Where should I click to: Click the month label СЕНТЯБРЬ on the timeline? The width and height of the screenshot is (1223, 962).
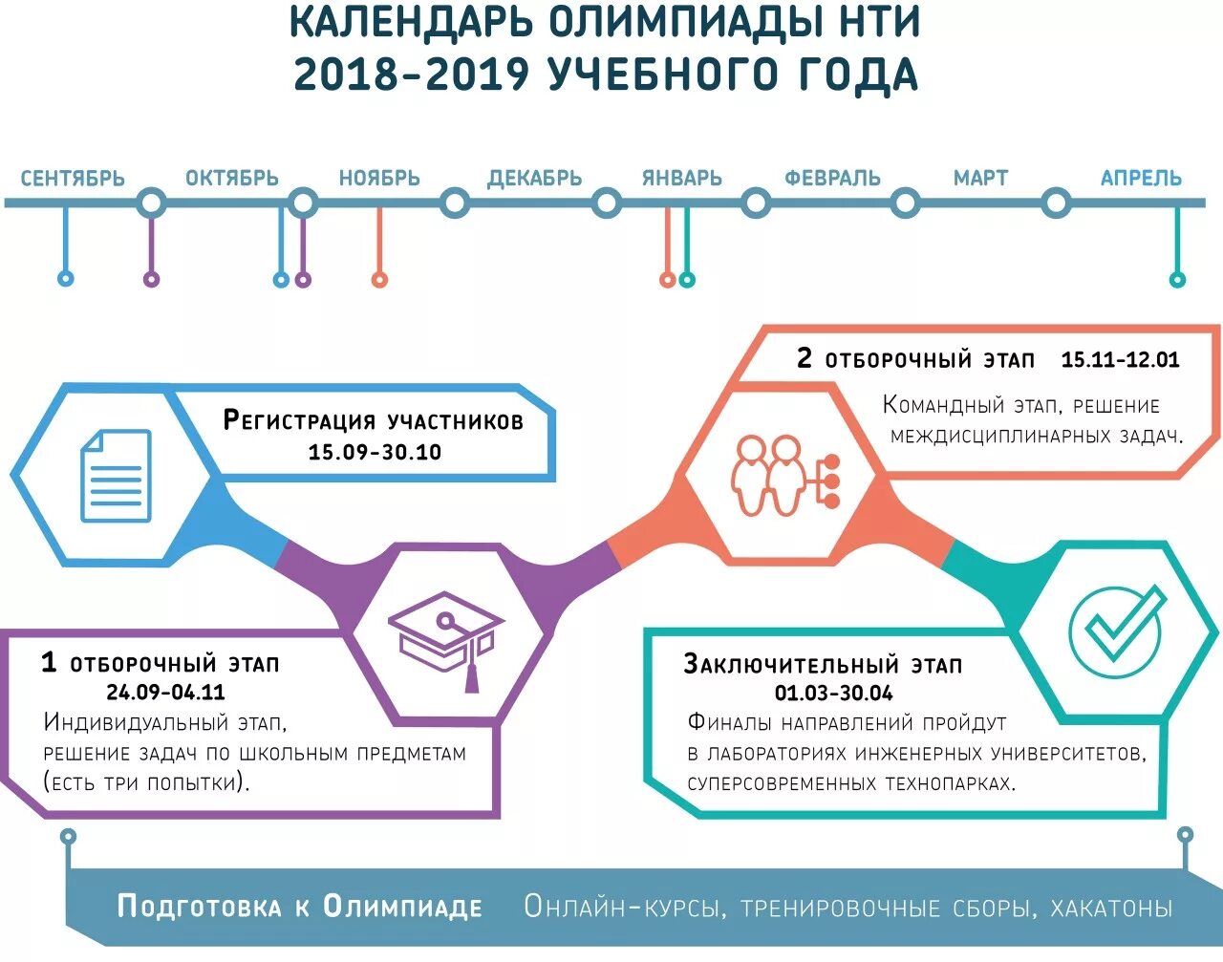[x=73, y=179]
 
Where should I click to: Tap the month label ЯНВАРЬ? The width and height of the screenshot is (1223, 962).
[x=682, y=179]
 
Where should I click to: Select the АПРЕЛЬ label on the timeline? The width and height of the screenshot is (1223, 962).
[x=1141, y=179]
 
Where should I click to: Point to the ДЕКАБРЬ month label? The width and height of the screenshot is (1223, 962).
[x=534, y=179]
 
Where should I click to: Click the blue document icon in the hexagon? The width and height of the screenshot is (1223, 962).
[x=116, y=475]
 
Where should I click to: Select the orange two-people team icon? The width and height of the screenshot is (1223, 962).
[x=783, y=475]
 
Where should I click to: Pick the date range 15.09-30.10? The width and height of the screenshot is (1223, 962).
[x=375, y=452]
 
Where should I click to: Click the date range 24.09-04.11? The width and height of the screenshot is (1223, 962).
[x=165, y=692]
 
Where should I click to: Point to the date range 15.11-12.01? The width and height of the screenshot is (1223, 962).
[x=1120, y=360]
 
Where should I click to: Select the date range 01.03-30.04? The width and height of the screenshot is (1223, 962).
[x=833, y=693]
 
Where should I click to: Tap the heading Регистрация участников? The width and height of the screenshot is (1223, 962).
[x=374, y=420]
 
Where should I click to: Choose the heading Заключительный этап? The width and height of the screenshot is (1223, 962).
[x=823, y=664]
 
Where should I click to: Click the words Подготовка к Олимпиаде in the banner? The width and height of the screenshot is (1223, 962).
[x=300, y=907]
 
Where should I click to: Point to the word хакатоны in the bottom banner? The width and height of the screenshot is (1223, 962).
[x=1111, y=908]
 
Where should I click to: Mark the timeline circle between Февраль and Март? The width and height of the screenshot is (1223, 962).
[x=906, y=203]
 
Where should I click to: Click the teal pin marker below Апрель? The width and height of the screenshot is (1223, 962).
[x=1177, y=280]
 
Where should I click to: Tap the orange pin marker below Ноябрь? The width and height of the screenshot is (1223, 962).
[x=379, y=280]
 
